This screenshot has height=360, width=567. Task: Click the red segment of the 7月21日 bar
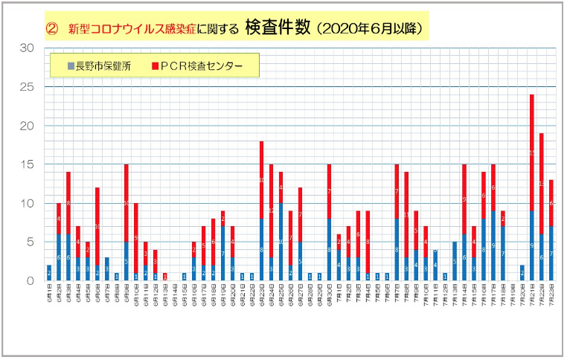coord(531,152)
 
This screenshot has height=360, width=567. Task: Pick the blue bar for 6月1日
coord(48,272)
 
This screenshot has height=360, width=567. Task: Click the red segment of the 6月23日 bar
coord(261,179)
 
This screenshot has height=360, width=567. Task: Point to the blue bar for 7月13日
coord(454,260)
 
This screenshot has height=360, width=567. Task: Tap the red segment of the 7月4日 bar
coord(367,242)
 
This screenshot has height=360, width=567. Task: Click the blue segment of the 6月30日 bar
coord(328,248)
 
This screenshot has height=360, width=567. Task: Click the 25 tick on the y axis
coord(28,87)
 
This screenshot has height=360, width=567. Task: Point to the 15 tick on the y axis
coord(28,164)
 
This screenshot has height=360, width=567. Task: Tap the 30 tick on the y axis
coord(28,48)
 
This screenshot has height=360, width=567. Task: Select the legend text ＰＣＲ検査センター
coord(202,66)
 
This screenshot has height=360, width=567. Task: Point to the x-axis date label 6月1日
coord(48,301)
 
